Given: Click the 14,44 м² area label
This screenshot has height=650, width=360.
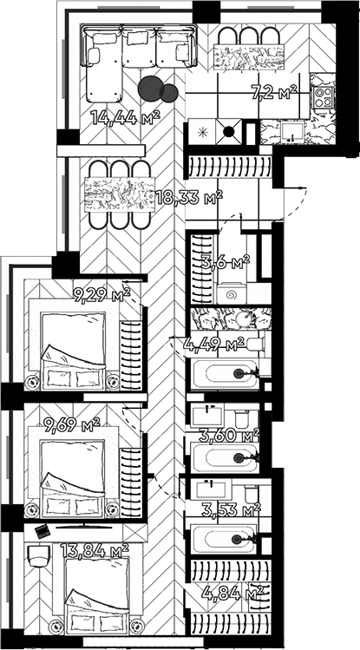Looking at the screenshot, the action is [126, 118].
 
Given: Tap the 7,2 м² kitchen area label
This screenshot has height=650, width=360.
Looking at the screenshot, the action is [275, 92].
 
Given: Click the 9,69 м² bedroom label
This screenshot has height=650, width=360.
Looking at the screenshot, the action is [72, 424].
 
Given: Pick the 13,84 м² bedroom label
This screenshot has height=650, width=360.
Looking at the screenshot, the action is [95, 550].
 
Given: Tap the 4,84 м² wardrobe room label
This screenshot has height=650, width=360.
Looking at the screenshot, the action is [232, 594].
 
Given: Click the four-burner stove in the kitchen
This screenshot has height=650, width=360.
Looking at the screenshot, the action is [324, 97].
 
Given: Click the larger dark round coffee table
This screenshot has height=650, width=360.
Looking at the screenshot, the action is [150, 89].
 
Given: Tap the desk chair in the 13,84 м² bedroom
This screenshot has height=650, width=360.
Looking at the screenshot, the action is [40, 555].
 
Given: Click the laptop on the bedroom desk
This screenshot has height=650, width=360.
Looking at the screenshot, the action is [42, 531].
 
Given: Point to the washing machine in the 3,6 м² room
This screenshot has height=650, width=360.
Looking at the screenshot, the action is [231, 294].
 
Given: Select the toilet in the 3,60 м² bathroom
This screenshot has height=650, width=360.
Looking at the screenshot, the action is [241, 418].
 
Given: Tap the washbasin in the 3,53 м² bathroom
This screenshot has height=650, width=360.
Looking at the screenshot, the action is [212, 489].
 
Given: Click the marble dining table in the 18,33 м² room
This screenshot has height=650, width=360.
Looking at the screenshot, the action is [120, 194].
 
